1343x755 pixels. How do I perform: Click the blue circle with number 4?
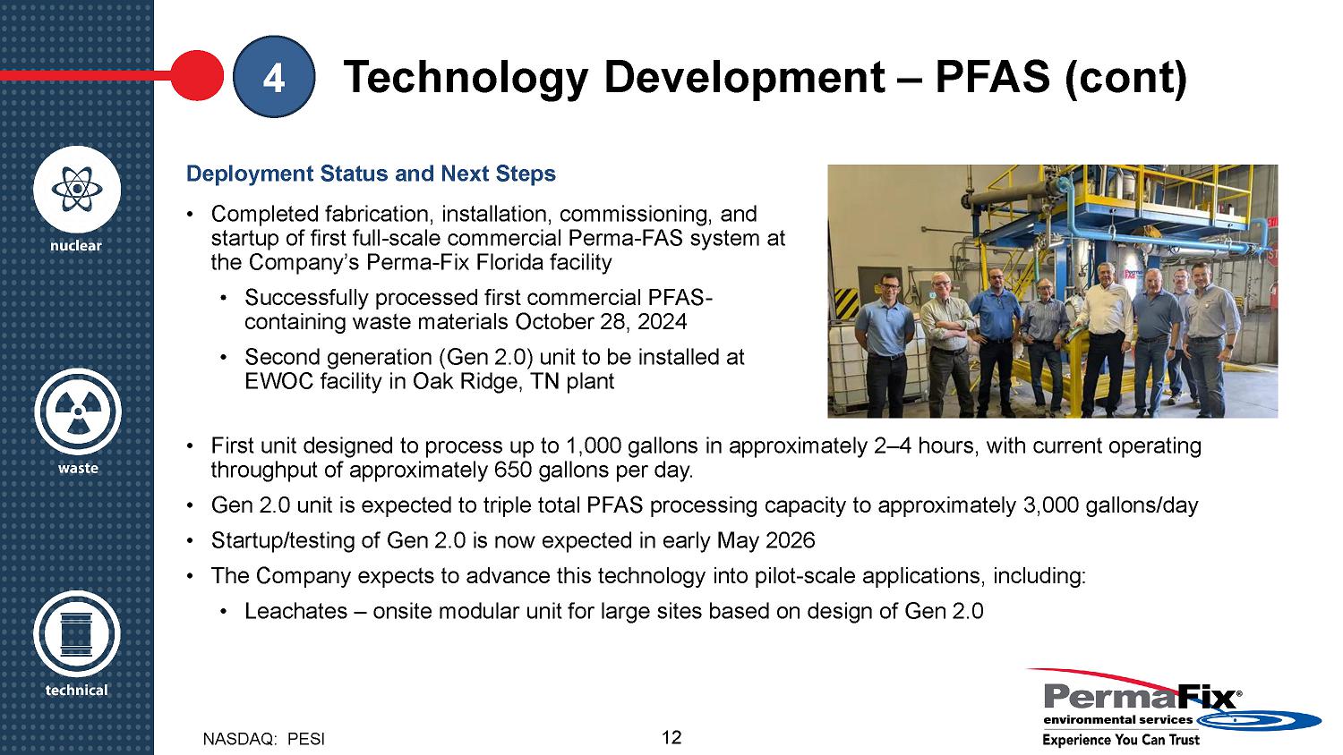click(274, 77)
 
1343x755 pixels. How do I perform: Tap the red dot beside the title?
click(197, 75)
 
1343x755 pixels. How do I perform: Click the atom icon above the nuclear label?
click(77, 190)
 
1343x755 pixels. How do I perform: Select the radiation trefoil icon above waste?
click(77, 411)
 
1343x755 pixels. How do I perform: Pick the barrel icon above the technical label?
click(77, 634)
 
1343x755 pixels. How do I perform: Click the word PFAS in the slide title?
click(993, 77)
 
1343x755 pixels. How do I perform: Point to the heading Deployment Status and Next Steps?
click(372, 174)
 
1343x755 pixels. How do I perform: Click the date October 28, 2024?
click(601, 322)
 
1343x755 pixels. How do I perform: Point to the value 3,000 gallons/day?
click(1111, 505)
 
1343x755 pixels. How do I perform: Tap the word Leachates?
click(296, 611)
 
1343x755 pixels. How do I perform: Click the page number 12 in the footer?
click(671, 738)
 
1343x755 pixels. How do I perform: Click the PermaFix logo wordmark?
click(1142, 698)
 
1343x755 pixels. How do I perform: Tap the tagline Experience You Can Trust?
click(1121, 740)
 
